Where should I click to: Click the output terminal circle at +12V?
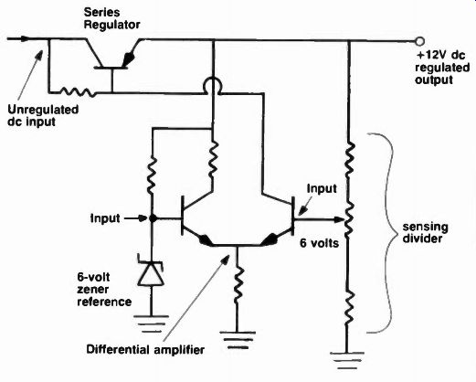420,41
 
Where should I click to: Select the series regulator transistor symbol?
111,54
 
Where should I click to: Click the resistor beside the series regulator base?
78,91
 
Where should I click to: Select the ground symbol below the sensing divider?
347,361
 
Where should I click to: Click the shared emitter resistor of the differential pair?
238,284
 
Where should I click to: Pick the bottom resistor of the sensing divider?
348,307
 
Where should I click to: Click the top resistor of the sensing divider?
349,158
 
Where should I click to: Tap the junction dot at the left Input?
153,218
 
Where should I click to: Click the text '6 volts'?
319,243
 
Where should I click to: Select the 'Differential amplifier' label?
145,349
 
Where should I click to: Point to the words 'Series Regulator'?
111,18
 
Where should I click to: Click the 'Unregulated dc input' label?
43,115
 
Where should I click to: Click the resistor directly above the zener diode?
152,175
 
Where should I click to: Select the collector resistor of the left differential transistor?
213,159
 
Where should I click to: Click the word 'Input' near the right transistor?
322,188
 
